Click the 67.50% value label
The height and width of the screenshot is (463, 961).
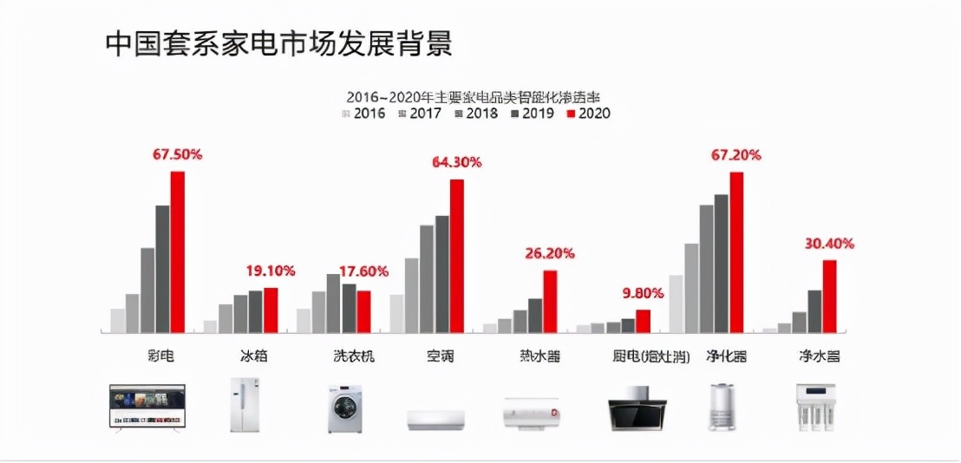pyautogui.click(x=177, y=155)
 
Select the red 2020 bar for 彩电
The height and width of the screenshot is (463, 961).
pyautogui.click(x=177, y=251)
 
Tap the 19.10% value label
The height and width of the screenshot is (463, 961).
pyautogui.click(x=270, y=271)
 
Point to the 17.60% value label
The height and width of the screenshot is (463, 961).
pyautogui.click(x=363, y=271)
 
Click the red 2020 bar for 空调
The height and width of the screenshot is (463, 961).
pyautogui.click(x=456, y=256)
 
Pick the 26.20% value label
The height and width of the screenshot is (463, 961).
pyautogui.click(x=549, y=254)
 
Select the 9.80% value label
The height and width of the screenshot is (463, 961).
pyautogui.click(x=643, y=293)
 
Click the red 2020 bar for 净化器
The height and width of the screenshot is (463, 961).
pyautogui.click(x=736, y=251)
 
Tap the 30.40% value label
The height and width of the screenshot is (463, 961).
pyautogui.click(x=829, y=244)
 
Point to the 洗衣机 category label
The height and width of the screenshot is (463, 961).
pyautogui.click(x=354, y=356)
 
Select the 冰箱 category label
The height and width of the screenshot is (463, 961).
pyautogui.click(x=256, y=356)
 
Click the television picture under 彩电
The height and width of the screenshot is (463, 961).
pyautogui.click(x=146, y=406)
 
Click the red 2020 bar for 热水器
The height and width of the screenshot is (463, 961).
pyautogui.click(x=549, y=301)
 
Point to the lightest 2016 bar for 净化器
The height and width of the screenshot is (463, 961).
pyautogui.click(x=677, y=303)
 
